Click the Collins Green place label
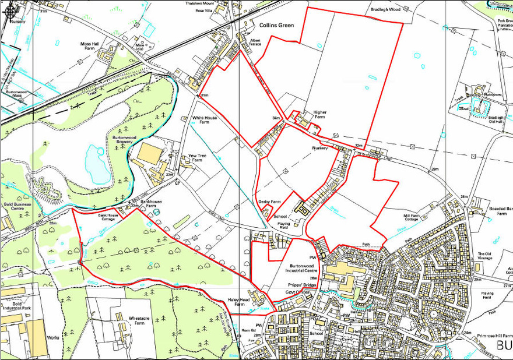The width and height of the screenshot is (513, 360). click(x=274, y=26)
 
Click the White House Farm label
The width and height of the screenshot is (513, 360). click(x=205, y=121)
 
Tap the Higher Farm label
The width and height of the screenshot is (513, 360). click(x=319, y=115)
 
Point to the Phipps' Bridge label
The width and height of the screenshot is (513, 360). click(x=302, y=284)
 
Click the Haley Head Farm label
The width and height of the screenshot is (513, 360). click(x=238, y=302)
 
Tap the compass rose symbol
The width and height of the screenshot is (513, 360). click(x=9, y=9)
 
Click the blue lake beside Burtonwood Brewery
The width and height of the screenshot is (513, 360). click(x=96, y=160)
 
